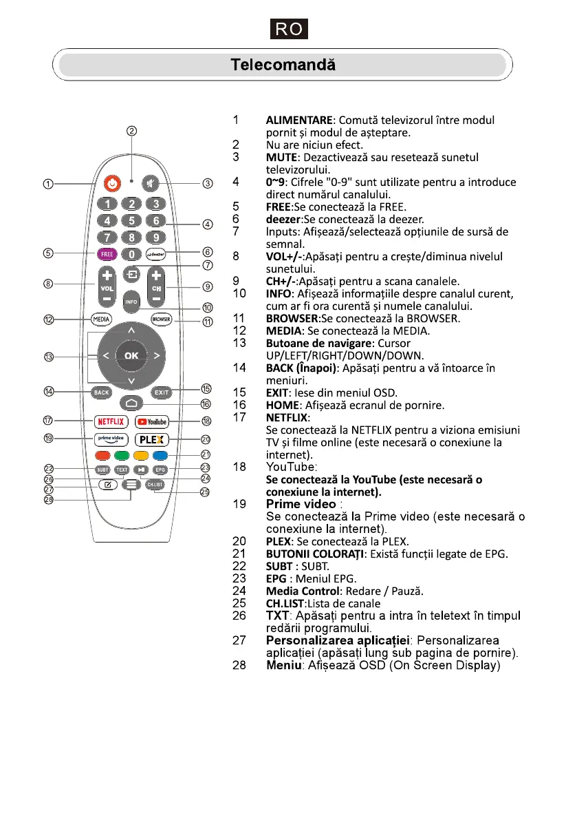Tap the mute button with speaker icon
coord(151,184)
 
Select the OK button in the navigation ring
coord(131,355)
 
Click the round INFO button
coord(131,300)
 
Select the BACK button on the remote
coord(102,392)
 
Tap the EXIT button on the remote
coord(161,392)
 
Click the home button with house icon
coord(131,403)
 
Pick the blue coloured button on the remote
coord(160,455)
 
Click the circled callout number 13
coord(49,357)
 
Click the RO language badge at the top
coord(288,30)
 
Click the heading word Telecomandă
coord(283,65)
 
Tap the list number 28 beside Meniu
coord(240,666)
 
